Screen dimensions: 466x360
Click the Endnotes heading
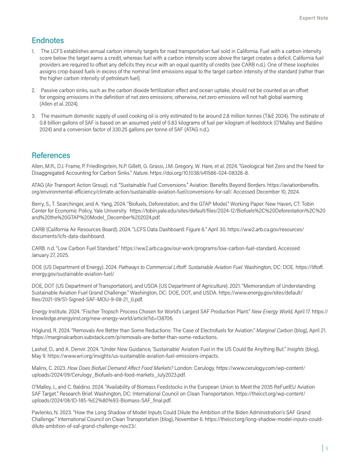50,41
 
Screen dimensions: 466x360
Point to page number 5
327,449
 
